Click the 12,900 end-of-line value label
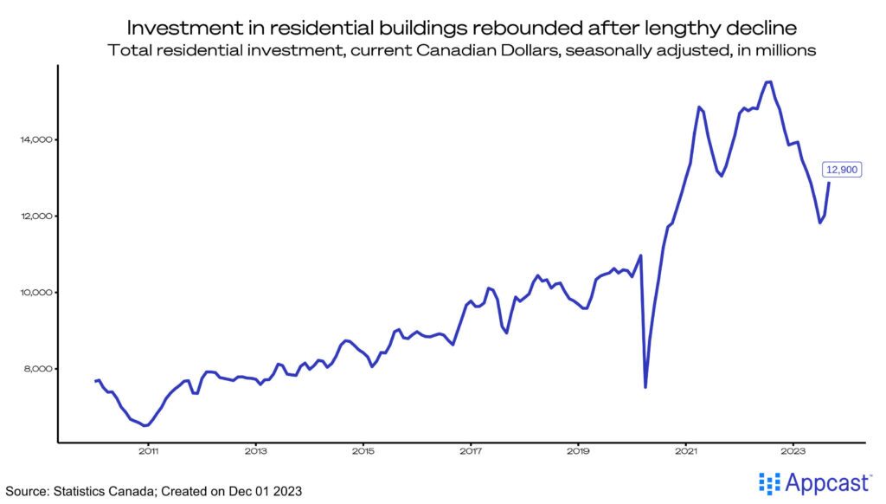840,170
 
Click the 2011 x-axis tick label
148,451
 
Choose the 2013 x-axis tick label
255,451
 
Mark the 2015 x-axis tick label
363,451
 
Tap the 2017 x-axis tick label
471,451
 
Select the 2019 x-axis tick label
579,451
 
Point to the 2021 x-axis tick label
686,451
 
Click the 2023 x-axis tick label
794,451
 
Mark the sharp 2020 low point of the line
645,387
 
